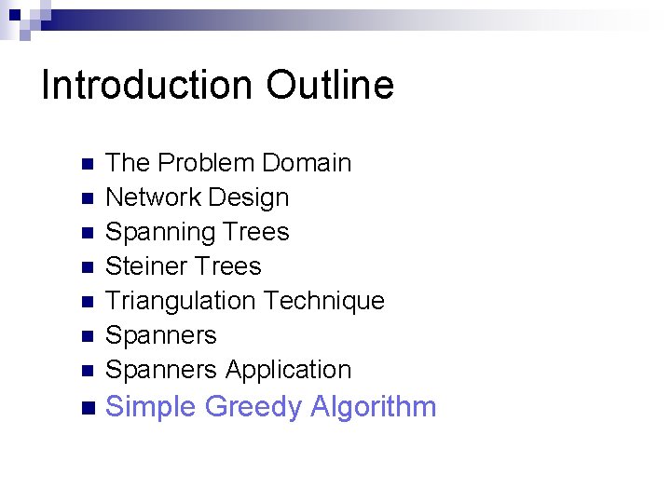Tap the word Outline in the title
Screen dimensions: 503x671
[330, 85]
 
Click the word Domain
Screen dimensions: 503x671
[307, 163]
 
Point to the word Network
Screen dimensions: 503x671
[153, 197]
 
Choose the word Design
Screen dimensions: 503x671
[249, 197]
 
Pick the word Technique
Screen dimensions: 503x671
[324, 301]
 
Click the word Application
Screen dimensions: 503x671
[288, 370]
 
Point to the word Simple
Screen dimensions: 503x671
[151, 407]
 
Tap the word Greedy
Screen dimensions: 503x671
[253, 407]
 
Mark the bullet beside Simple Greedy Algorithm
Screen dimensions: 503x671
[88, 408]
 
